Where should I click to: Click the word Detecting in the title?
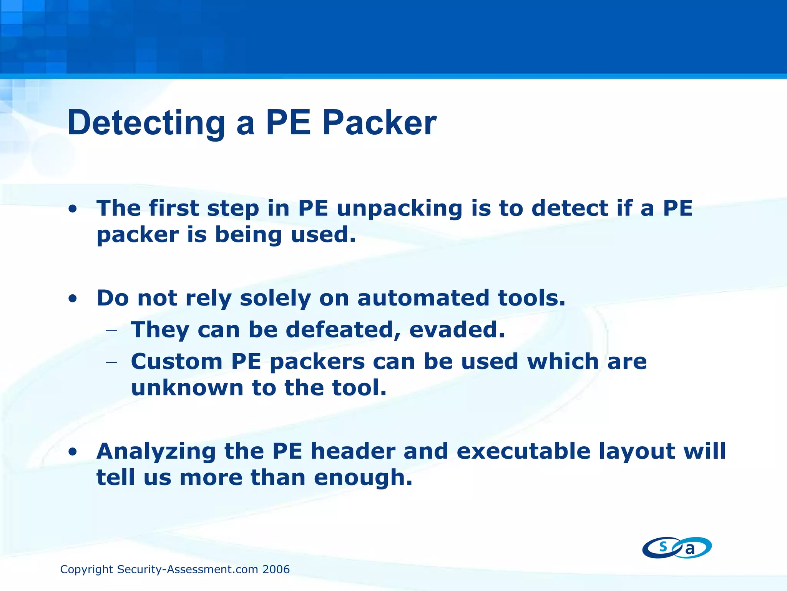coord(146,123)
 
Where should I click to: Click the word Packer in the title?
coord(379,123)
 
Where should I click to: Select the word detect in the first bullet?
coord(569,208)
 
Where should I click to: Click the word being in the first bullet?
coord(248,235)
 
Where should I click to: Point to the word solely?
coord(275,299)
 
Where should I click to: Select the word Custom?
coord(176,362)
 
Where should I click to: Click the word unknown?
coord(187,388)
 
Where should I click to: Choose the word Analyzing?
coord(156,452)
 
